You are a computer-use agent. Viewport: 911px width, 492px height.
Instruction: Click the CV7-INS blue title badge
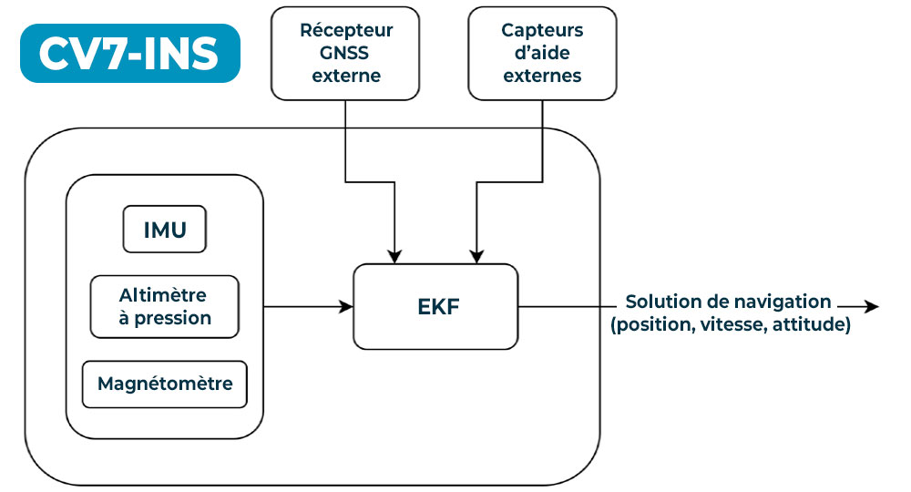pos(128,53)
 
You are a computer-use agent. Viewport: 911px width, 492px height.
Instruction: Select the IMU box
pos(164,229)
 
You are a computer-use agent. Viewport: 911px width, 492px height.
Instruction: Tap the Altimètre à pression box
pos(164,306)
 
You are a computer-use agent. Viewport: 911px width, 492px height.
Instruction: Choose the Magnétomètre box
pos(164,384)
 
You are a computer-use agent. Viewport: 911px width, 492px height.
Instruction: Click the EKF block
pos(435,306)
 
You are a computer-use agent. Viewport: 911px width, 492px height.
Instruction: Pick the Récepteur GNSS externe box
pos(346,53)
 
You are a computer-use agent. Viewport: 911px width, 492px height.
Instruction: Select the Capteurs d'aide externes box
pos(542,53)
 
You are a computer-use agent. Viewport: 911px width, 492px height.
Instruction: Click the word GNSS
pos(346,53)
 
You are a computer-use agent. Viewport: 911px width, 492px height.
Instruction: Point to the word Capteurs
pos(542,30)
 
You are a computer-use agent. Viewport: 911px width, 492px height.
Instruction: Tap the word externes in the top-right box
pos(542,76)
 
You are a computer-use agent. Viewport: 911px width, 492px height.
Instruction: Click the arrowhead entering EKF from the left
pos(346,307)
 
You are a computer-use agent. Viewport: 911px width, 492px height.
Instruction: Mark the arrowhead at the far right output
pos(872,307)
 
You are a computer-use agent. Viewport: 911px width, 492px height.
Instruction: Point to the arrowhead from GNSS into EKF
pos(394,256)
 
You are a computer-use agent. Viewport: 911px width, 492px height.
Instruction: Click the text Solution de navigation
pos(728,302)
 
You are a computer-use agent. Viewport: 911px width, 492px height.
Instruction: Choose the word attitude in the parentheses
pos(810,324)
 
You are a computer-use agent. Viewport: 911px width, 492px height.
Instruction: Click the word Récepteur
pos(346,30)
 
